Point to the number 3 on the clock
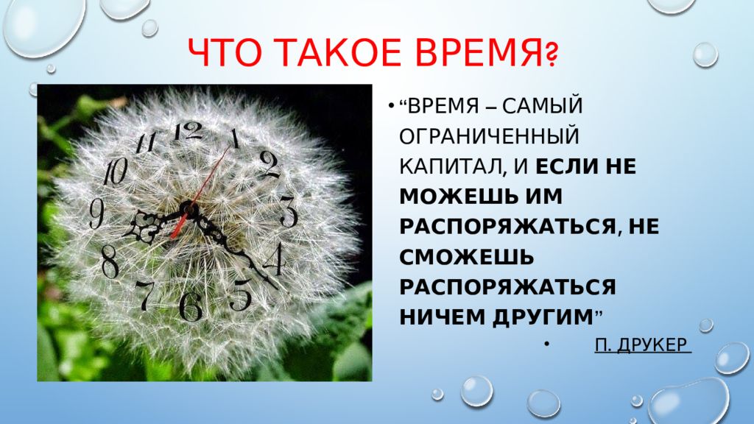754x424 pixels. [x=288, y=212]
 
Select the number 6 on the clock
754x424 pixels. [x=191, y=305]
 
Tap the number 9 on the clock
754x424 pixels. [x=96, y=214]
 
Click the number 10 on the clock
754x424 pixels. [x=115, y=173]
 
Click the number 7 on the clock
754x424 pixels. [x=145, y=294]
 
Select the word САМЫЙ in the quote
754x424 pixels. [x=543, y=107]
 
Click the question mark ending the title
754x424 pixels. [x=550, y=55]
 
